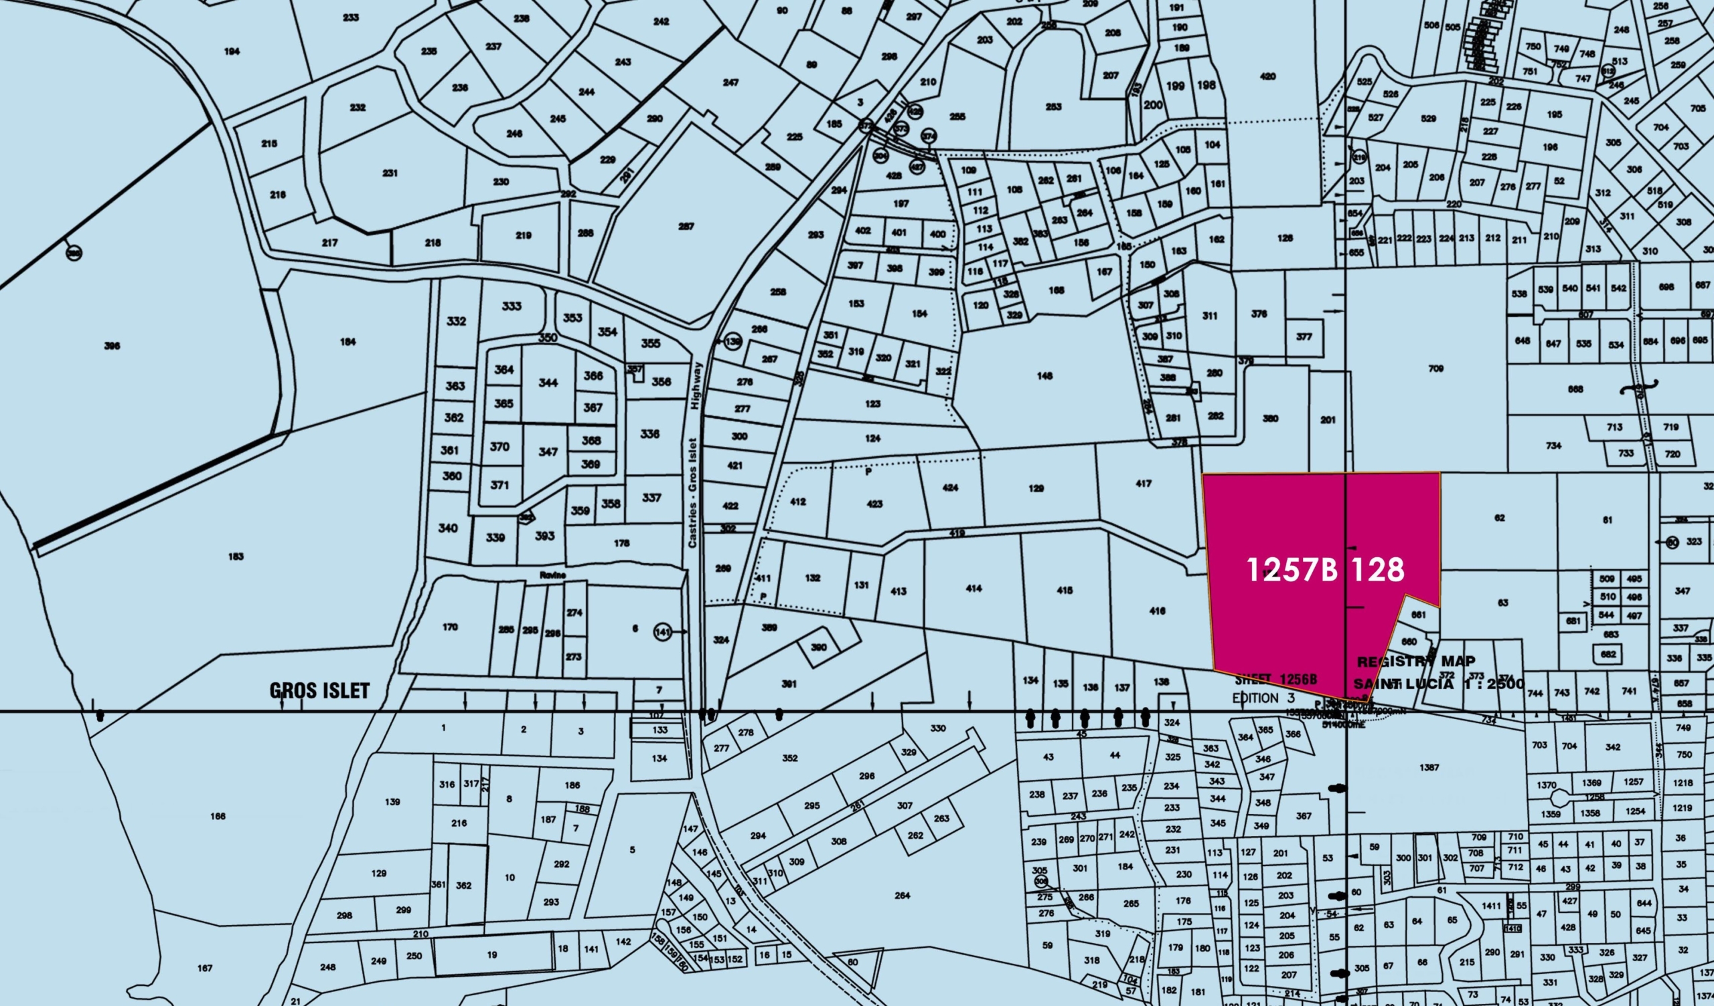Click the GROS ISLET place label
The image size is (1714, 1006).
[319, 690]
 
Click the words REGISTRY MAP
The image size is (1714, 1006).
[1416, 662]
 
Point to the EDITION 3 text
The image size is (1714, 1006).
[1263, 698]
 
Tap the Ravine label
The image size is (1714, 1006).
[553, 575]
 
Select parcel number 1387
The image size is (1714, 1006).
[1429, 767]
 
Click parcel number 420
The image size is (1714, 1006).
[1268, 77]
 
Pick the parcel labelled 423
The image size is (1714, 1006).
[874, 504]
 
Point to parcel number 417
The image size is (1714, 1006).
[1144, 484]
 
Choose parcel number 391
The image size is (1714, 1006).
[788, 684]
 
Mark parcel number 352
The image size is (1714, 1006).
[789, 758]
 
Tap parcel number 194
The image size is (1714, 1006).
[232, 51]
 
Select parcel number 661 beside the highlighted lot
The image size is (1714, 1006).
[1419, 615]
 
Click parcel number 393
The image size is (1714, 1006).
[544, 536]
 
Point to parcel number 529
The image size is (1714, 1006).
[1428, 118]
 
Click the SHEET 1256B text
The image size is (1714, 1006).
[1276, 679]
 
